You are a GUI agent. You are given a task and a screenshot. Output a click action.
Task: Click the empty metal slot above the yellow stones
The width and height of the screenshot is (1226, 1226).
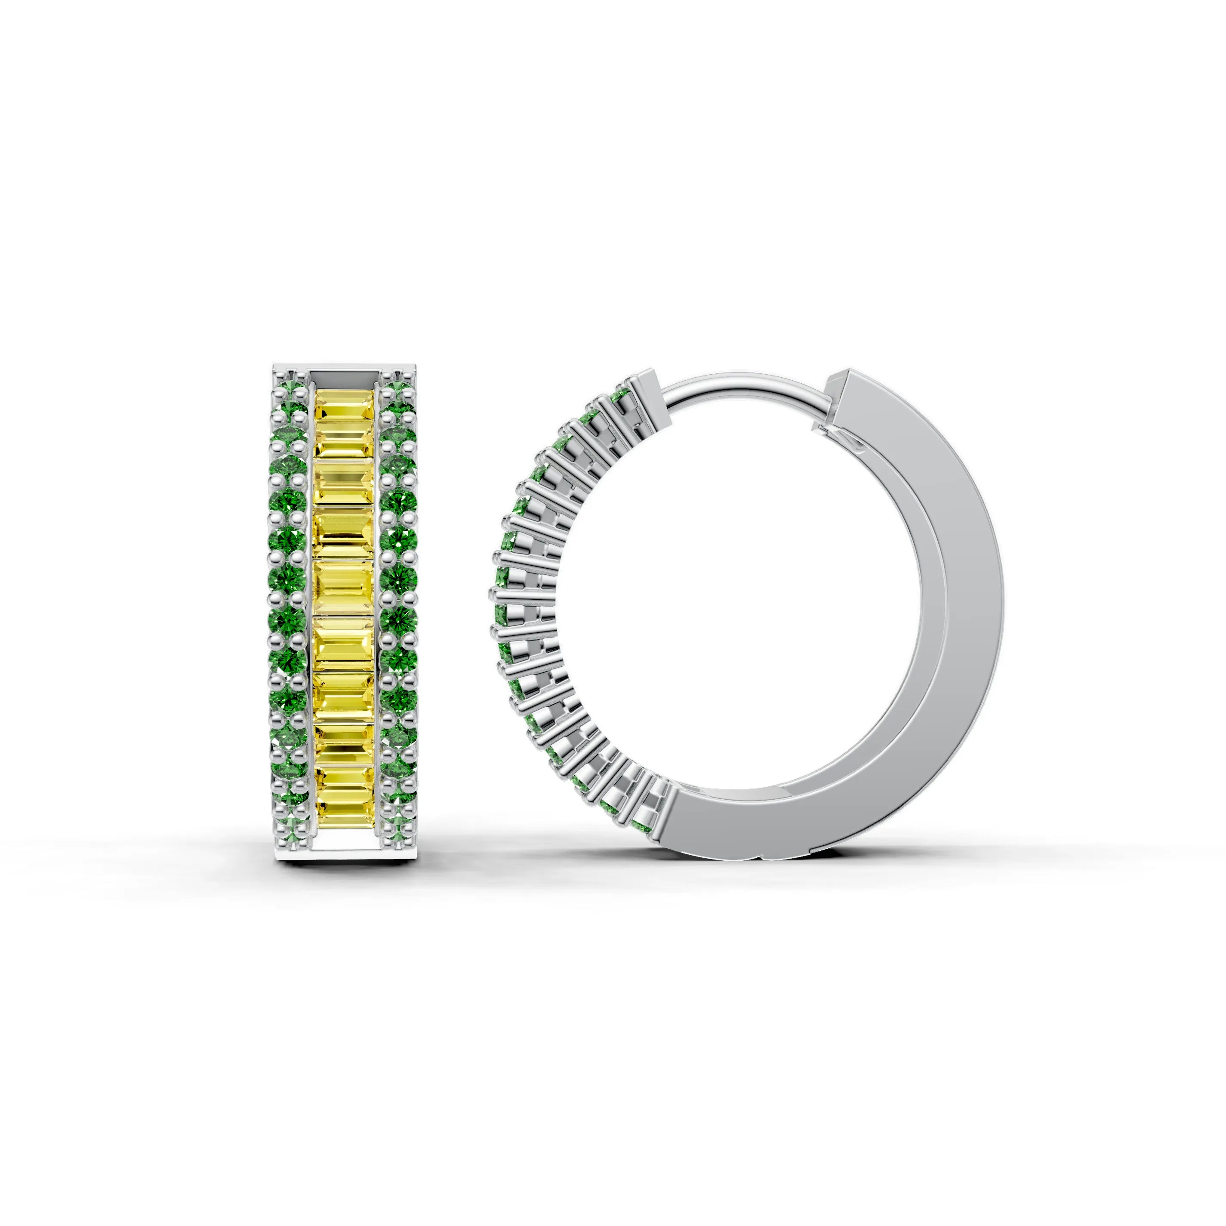[343, 377]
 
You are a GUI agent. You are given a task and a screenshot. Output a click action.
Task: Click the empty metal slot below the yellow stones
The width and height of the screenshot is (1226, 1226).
[343, 844]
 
